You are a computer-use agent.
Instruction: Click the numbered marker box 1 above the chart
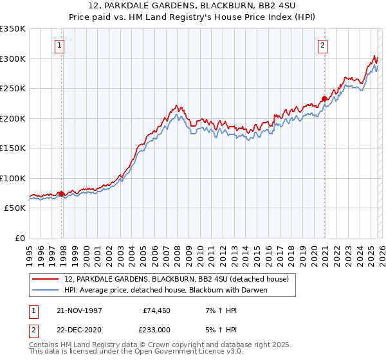(59, 45)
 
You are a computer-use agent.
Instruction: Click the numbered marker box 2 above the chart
(322, 45)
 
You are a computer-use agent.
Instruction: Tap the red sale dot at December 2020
(325, 99)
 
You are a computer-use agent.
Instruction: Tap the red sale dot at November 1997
(62, 194)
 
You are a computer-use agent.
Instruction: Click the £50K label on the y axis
(15, 208)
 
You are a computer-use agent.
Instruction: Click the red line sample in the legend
(46, 279)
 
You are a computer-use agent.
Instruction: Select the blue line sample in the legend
(46, 290)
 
